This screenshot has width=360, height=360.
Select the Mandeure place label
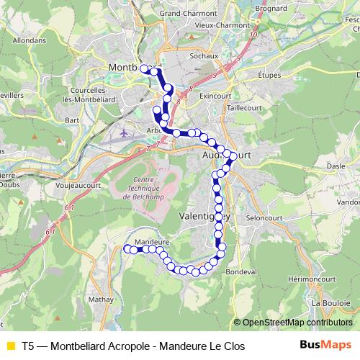click(151, 242)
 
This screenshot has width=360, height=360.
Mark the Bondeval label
click(241, 272)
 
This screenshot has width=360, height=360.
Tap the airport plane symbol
click(127, 132)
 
